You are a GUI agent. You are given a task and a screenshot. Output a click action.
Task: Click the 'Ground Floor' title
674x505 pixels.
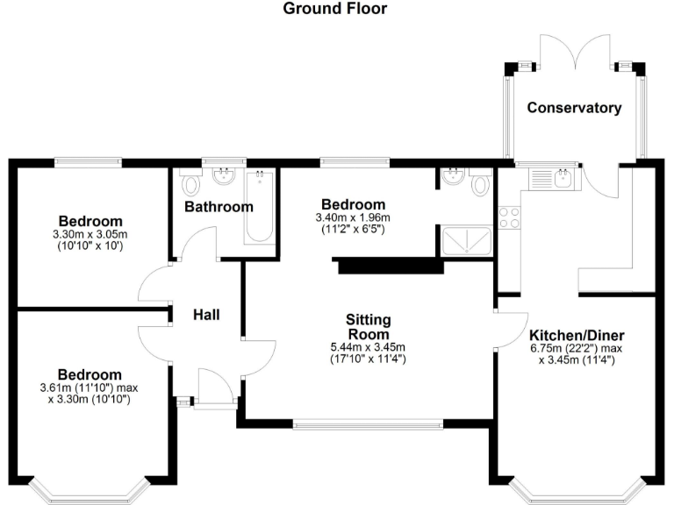(334, 9)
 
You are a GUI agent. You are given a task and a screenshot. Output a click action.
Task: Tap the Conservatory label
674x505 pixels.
(574, 108)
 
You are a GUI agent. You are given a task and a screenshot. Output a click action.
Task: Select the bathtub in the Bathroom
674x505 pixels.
(259, 207)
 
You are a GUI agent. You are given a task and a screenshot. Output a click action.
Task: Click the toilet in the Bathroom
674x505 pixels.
(190, 184)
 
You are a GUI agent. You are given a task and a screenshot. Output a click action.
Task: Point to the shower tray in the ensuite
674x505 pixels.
(465, 239)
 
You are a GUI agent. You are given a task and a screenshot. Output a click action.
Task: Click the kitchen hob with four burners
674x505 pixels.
(508, 217)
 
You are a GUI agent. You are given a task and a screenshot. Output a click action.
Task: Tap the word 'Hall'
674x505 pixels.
(206, 315)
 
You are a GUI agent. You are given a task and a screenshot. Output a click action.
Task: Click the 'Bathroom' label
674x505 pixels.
(219, 207)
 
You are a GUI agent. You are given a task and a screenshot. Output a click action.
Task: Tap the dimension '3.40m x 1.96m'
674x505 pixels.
(353, 217)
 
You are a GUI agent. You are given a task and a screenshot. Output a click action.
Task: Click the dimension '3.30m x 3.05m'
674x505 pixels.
(90, 234)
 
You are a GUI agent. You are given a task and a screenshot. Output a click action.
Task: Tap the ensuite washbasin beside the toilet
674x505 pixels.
(454, 179)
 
